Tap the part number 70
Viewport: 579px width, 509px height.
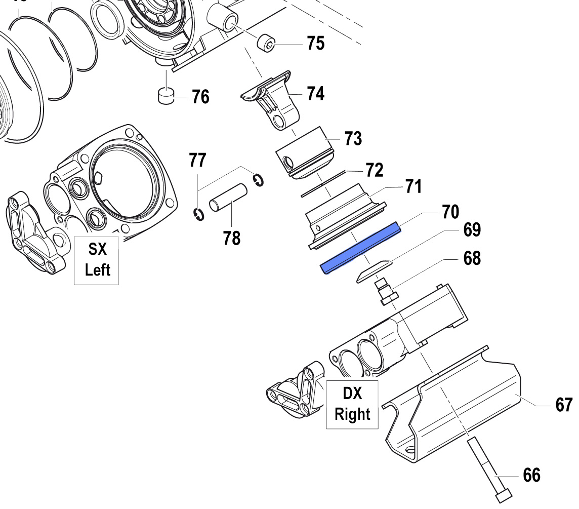(x=449, y=211)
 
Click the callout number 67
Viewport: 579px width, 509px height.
(x=563, y=405)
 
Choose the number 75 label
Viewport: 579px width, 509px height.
(x=315, y=43)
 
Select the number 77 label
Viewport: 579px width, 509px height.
(x=198, y=161)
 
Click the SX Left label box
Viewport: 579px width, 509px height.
(x=97, y=260)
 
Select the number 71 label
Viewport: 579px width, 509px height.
(x=413, y=187)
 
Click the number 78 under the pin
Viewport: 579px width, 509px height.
(x=232, y=238)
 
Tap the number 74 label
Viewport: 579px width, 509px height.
(x=315, y=93)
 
